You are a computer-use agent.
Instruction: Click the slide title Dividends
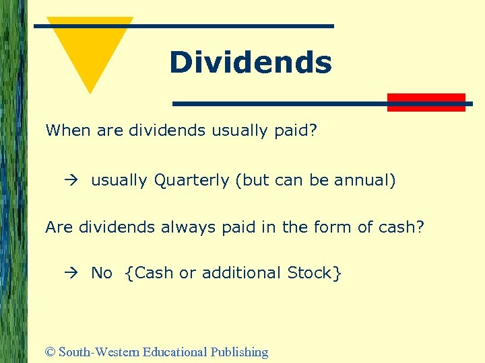[251, 63]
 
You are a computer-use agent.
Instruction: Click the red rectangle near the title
[426, 102]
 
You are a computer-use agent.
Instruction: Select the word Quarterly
[192, 181]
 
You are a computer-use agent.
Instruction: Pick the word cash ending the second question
[401, 227]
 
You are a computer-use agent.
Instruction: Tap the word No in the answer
[102, 273]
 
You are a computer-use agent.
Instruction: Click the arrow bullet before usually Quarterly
[73, 181]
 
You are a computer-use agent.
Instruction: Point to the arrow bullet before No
[73, 273]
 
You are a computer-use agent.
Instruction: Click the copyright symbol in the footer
[50, 352]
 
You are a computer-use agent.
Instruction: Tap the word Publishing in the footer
[239, 352]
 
